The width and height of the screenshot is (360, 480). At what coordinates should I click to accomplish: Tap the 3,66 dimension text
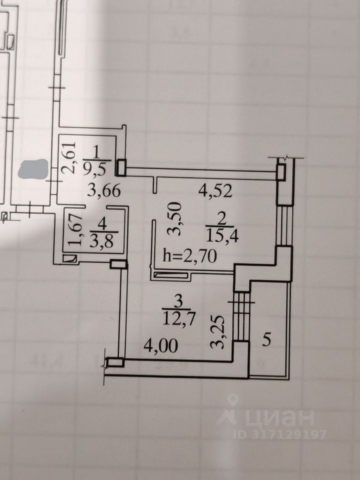(x=103, y=190)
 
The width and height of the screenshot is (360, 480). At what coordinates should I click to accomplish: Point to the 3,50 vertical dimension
(x=175, y=220)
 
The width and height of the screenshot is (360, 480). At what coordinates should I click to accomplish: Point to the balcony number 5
(x=267, y=340)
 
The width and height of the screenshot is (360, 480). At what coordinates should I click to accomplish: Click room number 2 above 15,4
(x=221, y=217)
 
